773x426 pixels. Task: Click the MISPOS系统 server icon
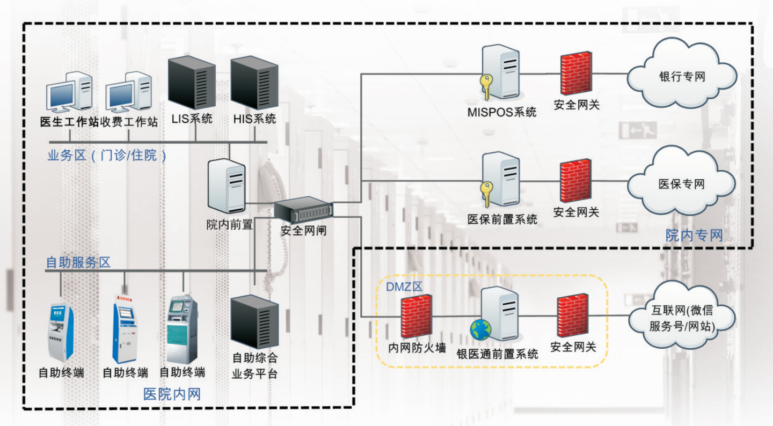[x=500, y=72]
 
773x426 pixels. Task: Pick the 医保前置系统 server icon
[x=500, y=180]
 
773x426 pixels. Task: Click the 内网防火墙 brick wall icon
[x=417, y=317]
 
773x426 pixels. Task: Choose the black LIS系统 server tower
[x=192, y=82]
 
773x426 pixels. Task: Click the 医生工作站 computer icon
[x=70, y=92]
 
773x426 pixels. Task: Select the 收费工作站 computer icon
[x=129, y=92]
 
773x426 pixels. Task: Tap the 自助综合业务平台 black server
[x=254, y=321]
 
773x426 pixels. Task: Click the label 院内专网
[x=694, y=235]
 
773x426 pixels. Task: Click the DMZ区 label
[x=404, y=287]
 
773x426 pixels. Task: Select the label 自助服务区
[x=78, y=262]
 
